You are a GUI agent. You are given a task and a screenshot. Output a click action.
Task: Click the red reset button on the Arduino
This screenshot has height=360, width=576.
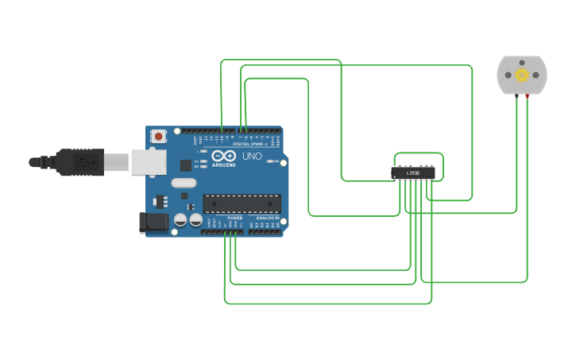pos(158,136)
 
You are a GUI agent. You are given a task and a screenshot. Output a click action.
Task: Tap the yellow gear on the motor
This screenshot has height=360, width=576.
pos(522,75)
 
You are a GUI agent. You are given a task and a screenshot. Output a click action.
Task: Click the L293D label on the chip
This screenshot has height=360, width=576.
pos(413,172)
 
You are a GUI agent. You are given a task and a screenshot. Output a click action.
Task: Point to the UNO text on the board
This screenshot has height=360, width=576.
pos(251,157)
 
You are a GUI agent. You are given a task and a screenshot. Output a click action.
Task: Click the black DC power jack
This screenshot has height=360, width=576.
pos(153,223)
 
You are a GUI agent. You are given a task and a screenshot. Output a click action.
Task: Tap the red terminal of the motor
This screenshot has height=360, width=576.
pos(527,96)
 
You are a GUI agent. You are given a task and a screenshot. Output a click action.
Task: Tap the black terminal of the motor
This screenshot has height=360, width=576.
pos(517,96)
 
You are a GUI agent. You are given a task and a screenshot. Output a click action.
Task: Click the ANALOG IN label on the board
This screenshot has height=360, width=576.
pos(267,218)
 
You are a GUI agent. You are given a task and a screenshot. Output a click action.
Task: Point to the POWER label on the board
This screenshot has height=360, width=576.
pos(235,218)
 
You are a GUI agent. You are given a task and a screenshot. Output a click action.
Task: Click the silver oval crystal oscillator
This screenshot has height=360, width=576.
pos(183,183)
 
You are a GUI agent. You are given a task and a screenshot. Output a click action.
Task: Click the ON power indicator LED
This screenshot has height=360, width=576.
pos(274,161)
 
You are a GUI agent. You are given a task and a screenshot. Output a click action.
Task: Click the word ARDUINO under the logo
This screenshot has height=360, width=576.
pos(224,165)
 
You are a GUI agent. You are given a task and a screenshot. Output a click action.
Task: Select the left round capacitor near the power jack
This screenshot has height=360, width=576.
pos(180,219)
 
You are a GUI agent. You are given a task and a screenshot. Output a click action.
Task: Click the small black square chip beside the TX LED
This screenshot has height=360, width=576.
pos(186,165)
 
